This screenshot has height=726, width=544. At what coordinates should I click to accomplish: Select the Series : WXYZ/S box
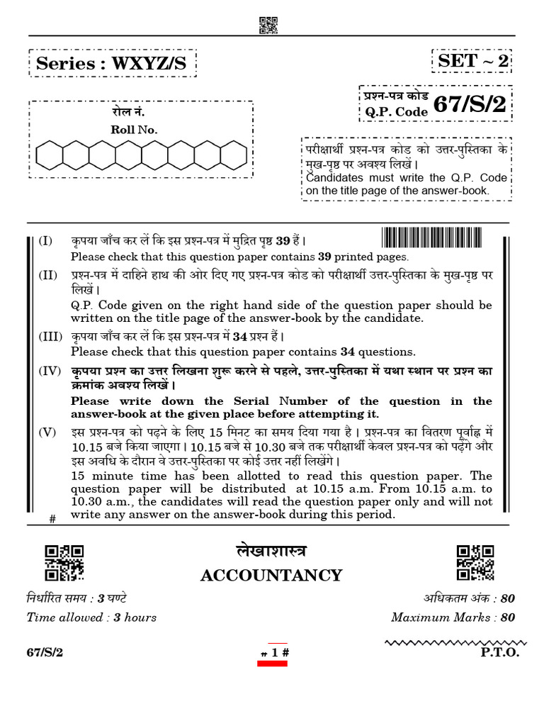(111, 63)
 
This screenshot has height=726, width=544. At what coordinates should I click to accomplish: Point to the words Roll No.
(134, 129)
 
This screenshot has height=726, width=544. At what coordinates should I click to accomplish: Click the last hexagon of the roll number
(233, 155)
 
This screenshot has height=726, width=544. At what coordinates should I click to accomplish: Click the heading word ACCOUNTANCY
(271, 575)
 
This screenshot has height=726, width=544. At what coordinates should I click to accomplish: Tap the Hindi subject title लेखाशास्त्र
(271, 552)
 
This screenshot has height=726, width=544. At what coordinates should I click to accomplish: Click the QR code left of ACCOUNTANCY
(64, 563)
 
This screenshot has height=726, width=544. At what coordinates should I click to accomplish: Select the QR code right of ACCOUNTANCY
(475, 563)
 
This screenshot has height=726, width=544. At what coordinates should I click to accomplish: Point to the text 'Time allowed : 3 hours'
(91, 617)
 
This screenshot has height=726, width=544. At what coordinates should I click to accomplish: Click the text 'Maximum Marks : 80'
(453, 617)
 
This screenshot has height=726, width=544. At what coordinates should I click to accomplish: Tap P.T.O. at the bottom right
(500, 652)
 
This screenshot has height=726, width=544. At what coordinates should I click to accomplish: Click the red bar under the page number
(271, 663)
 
